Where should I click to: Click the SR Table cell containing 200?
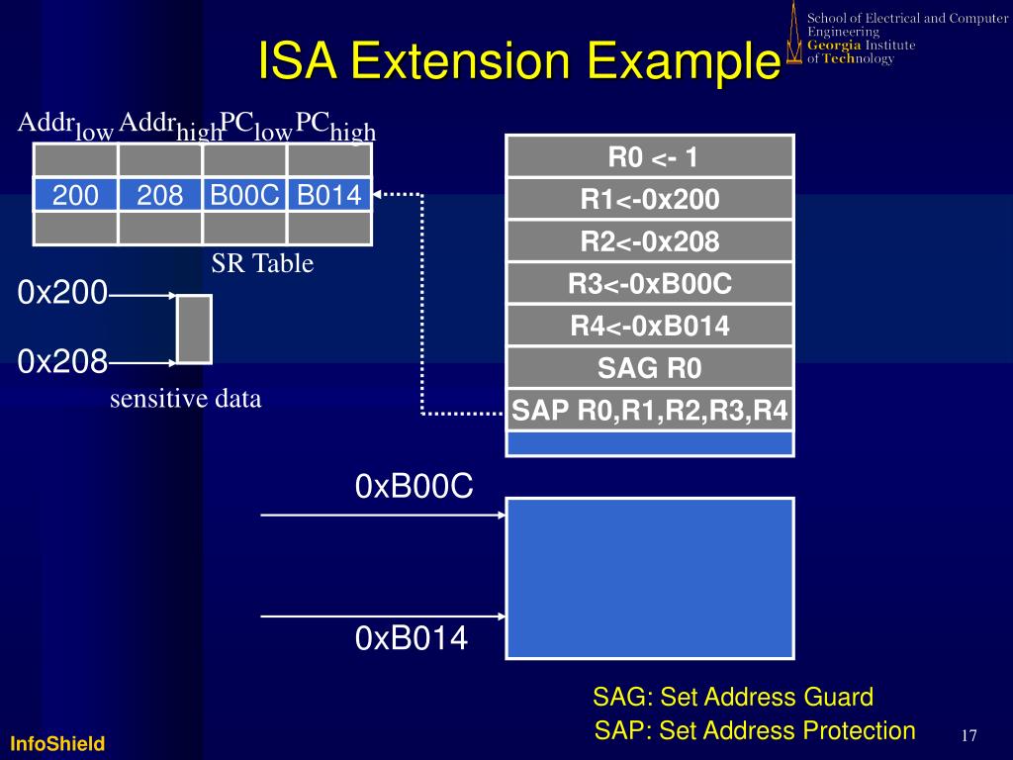[75, 196]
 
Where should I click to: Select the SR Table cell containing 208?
[160, 196]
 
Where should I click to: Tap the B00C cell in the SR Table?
[244, 196]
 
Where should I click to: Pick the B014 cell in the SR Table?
[329, 196]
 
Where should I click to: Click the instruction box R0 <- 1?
[650, 156]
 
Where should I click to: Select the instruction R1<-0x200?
[650, 199]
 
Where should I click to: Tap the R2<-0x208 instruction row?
[650, 241]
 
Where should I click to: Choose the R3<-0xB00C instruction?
[650, 284]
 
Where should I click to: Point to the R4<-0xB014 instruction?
[650, 326]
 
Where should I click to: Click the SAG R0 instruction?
[650, 368]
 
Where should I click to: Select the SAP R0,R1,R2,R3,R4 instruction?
[650, 411]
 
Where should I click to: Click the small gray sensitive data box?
[194, 329]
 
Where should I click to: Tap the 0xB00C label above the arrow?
[414, 487]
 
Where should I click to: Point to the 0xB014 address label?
[411, 639]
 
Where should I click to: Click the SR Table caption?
[262, 263]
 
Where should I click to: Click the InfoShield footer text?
[58, 743]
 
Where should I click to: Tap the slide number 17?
[968, 735]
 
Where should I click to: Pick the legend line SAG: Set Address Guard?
[733, 697]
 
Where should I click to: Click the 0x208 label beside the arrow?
[62, 362]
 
